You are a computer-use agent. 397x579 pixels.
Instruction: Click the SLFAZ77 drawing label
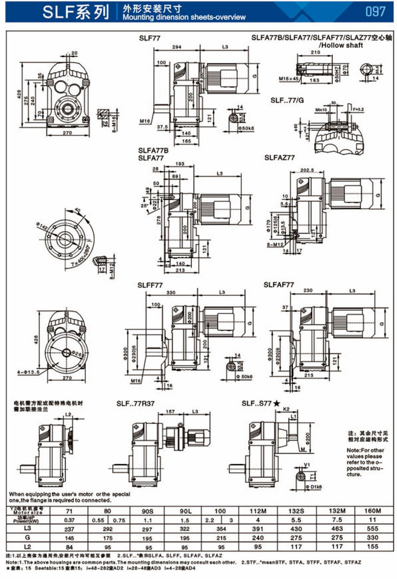click(x=280, y=158)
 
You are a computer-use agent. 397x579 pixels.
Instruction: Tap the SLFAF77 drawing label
click(x=279, y=284)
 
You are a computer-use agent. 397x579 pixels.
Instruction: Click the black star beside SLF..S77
click(x=276, y=403)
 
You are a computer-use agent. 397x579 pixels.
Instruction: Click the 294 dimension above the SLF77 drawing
click(x=176, y=47)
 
